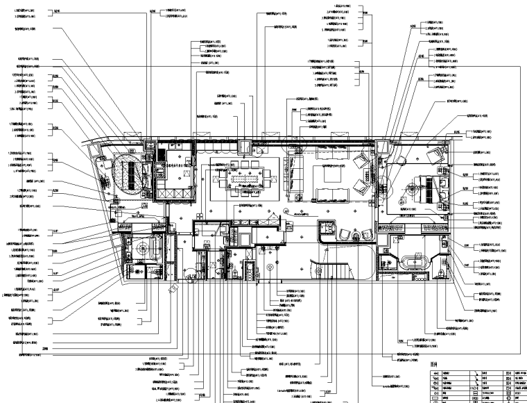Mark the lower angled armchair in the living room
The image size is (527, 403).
pos(361,186)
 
